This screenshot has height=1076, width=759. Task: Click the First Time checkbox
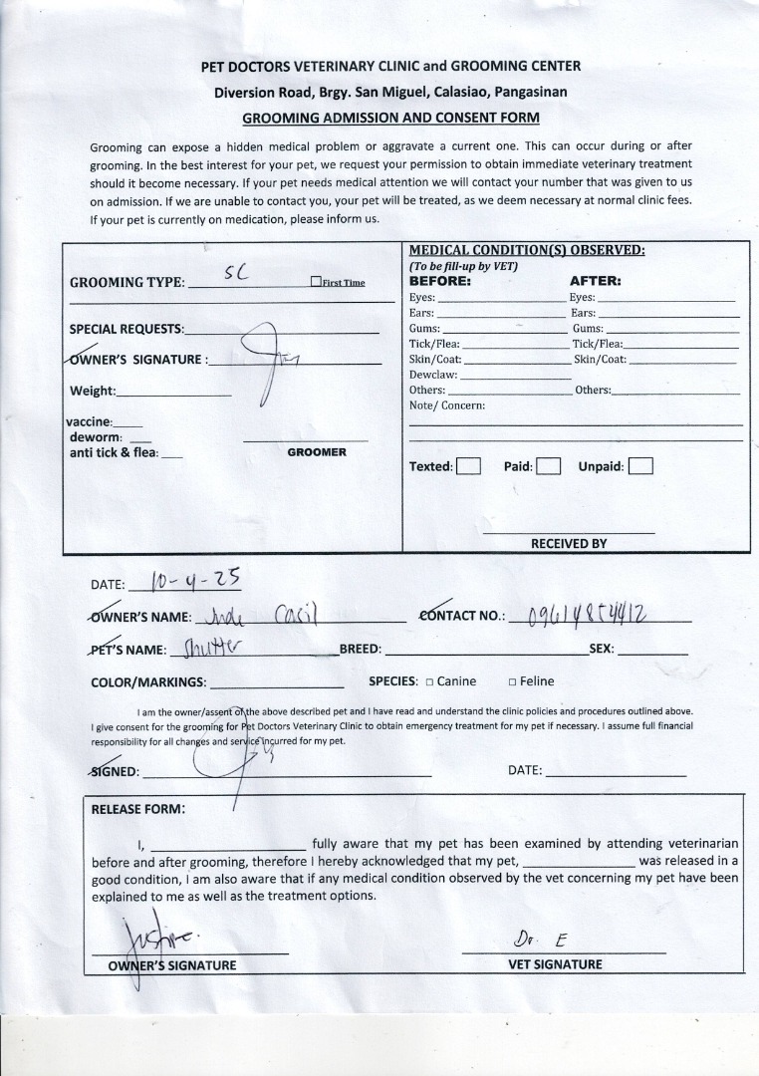click(316, 282)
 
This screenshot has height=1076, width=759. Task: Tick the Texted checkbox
click(468, 466)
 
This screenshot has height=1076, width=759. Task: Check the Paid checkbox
click(549, 466)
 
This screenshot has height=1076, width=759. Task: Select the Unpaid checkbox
click(640, 466)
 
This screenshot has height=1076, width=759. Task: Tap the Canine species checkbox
click(429, 682)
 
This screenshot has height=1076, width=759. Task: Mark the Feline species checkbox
click(512, 682)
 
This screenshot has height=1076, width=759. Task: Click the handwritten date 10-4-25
click(193, 579)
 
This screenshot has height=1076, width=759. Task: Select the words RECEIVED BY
click(569, 544)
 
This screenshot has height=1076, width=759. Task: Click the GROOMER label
click(317, 452)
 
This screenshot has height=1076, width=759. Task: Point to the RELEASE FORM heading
click(138, 809)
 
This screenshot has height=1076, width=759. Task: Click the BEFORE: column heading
click(439, 281)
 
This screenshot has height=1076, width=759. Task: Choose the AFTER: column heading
click(596, 281)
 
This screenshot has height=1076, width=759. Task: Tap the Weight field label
click(93, 391)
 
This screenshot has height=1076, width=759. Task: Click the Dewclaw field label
click(433, 375)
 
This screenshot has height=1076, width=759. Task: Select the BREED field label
click(361, 650)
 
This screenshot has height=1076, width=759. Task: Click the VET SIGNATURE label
click(555, 964)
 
